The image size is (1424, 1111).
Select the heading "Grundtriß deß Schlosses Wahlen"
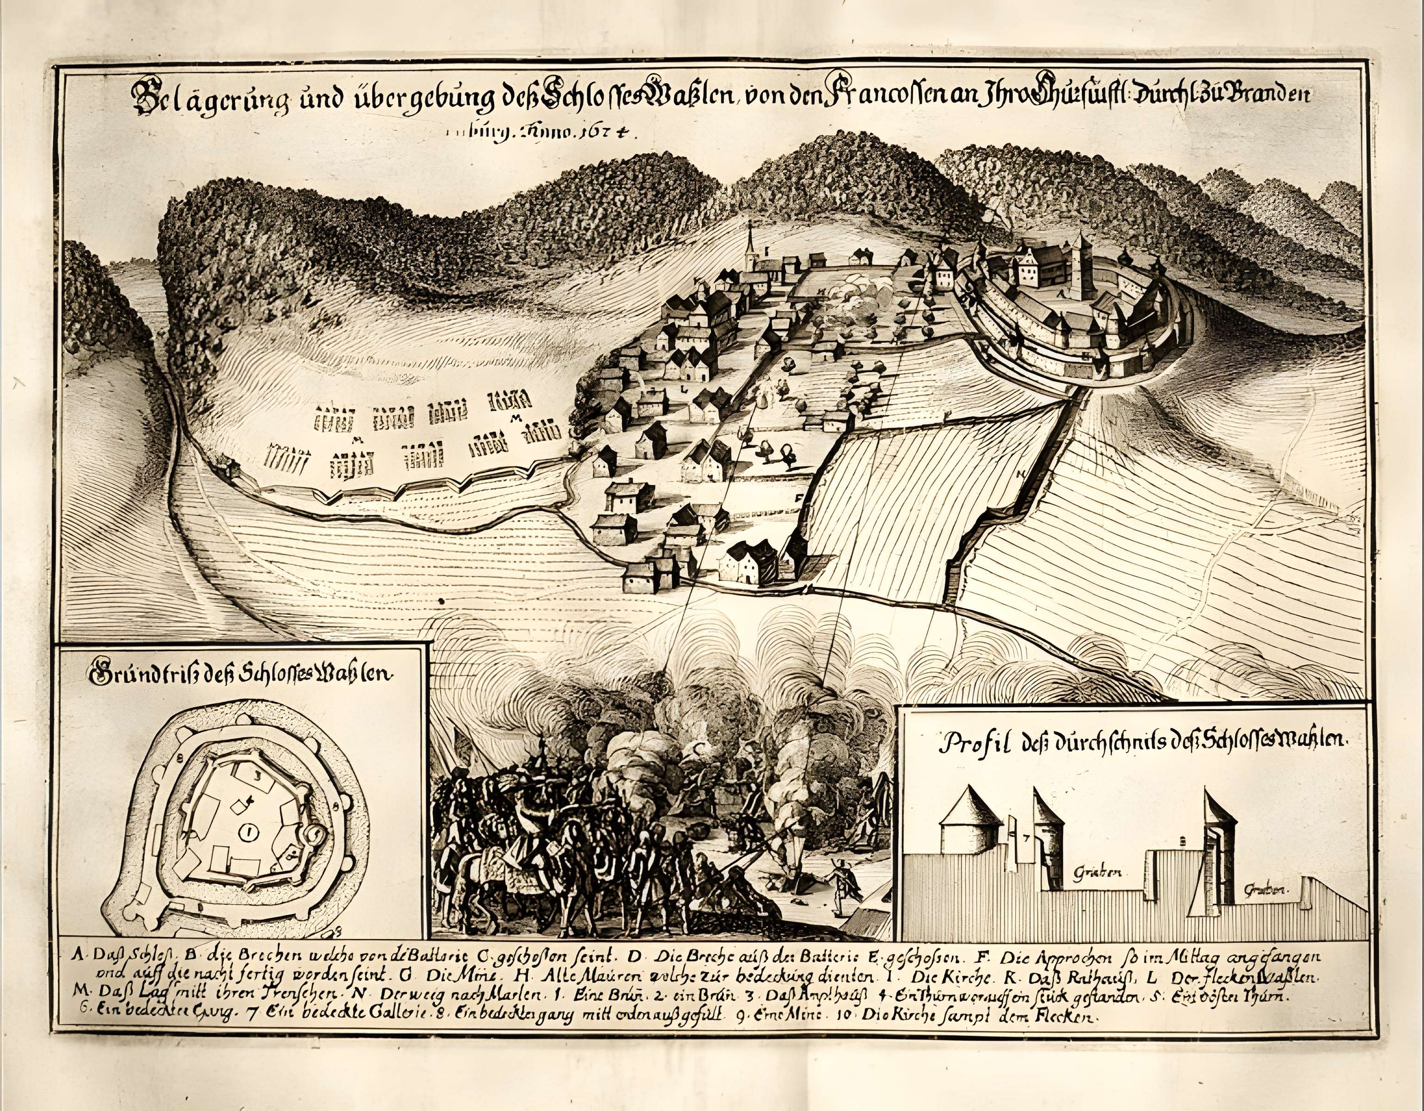click(241, 675)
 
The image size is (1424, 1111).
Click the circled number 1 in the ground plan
click(249, 831)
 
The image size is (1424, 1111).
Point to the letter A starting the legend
click(78, 956)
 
